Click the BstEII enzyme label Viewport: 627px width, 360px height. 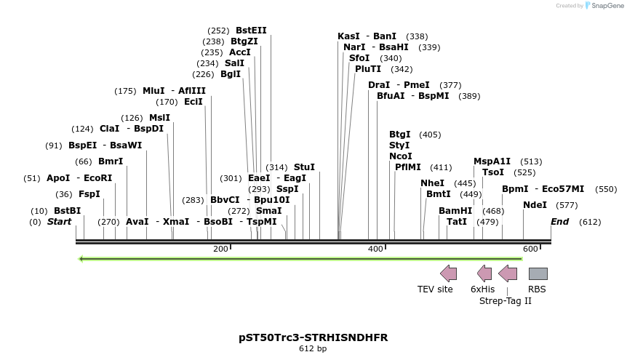(251, 31)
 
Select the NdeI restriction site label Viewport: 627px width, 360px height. (535, 205)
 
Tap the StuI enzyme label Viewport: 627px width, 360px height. (304, 167)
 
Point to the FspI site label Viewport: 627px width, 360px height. (89, 194)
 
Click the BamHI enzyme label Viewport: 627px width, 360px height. (455, 211)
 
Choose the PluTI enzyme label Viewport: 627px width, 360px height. (368, 69)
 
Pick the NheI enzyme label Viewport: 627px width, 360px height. (432, 183)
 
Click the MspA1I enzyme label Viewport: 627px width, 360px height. (492, 161)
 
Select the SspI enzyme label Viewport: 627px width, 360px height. (287, 189)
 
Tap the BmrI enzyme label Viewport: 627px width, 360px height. (111, 161)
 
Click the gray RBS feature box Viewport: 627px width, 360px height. (538, 273)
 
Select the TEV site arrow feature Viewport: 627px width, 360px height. (449, 273)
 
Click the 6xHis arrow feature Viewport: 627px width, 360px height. (484, 273)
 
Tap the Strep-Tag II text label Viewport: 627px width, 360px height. (506, 300)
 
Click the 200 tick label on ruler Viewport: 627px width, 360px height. (220, 249)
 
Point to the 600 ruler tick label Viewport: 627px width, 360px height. (530, 249)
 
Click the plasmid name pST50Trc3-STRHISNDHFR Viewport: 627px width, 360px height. (313, 337)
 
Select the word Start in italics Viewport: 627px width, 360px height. (60, 221)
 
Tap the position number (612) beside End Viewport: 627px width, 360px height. (590, 222)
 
